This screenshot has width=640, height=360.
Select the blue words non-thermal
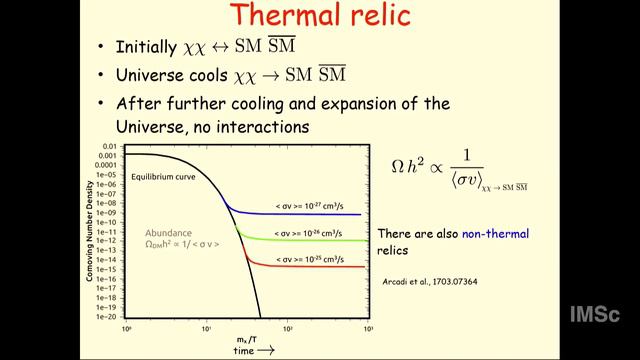pyautogui.click(x=495, y=233)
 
